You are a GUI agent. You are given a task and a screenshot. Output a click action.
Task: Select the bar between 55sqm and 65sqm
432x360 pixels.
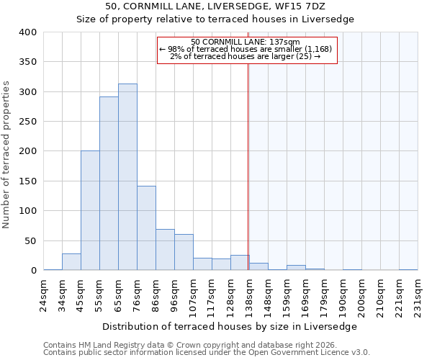(109, 184)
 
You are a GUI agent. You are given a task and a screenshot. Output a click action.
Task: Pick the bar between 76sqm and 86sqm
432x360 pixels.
(146, 228)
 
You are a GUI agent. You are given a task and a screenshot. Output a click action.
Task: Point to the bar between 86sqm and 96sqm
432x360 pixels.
(165, 250)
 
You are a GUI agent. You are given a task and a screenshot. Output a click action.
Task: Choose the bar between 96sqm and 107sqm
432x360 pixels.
(184, 253)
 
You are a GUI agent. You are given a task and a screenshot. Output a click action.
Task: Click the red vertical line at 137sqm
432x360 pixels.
(248, 166)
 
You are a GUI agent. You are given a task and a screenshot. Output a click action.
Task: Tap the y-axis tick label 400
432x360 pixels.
(28, 32)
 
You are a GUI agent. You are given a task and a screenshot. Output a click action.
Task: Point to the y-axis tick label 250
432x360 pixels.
(28, 122)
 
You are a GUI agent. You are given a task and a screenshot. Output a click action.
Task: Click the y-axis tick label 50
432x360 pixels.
(31, 240)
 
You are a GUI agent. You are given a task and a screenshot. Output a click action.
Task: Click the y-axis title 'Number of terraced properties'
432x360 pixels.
(6, 155)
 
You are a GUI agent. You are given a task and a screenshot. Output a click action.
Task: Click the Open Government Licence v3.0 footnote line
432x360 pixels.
(207, 353)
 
